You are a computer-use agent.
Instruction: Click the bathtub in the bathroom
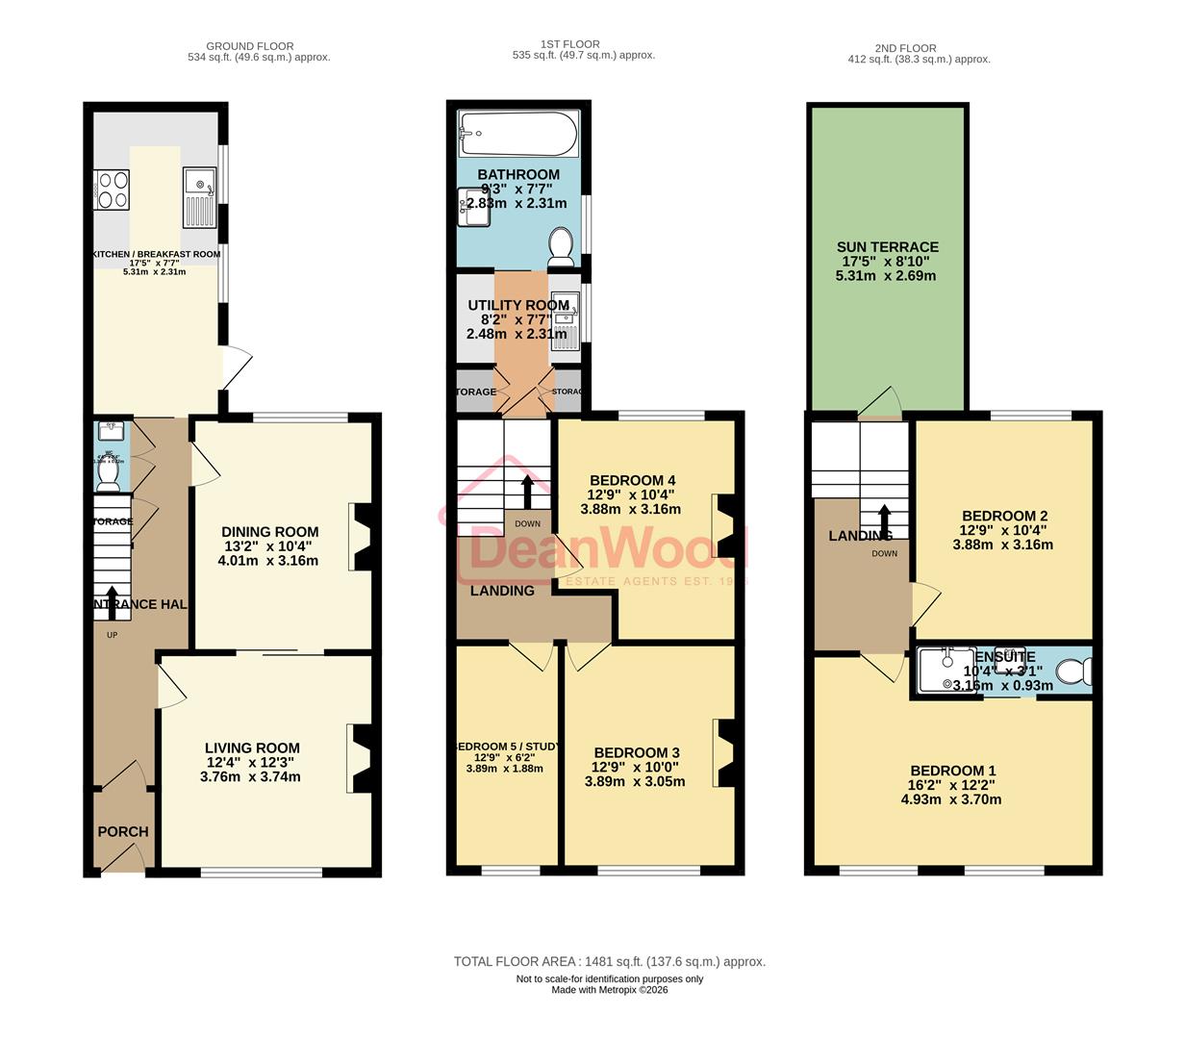[518, 133]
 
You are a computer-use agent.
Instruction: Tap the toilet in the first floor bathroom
[560, 247]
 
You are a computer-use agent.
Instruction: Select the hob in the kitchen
[112, 189]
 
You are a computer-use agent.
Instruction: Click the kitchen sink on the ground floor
[200, 198]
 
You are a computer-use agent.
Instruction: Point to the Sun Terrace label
[887, 247]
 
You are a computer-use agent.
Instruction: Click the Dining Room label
[269, 532]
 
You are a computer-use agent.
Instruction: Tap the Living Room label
[252, 748]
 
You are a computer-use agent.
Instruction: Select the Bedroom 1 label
[952, 771]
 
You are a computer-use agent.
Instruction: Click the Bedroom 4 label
[632, 480]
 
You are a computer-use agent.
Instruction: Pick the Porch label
[123, 831]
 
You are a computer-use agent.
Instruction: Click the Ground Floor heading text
[249, 45]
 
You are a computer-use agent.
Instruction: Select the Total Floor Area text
[609, 961]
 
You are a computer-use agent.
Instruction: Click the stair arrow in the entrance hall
[112, 603]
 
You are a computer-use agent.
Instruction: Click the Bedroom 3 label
[636, 752]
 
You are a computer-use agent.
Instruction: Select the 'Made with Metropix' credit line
[609, 989]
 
